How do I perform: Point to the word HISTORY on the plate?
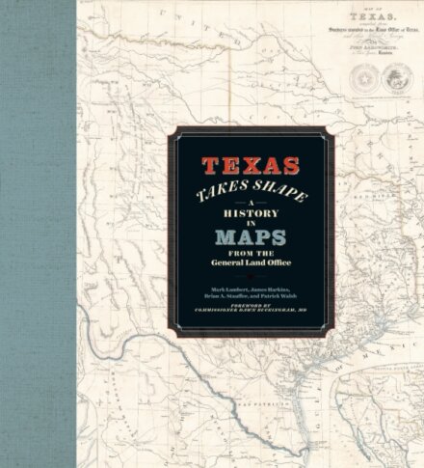tap(252, 211)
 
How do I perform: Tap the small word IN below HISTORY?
tap(252, 224)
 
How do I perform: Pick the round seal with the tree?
tap(397, 80)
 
